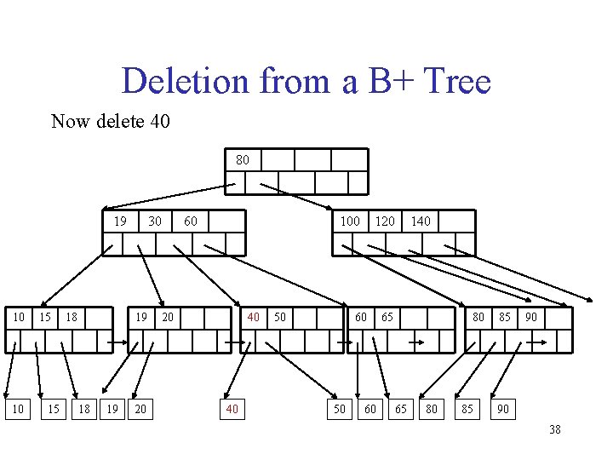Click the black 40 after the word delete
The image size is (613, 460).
159,121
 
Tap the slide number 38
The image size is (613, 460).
554,429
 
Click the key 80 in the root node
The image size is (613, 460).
243,159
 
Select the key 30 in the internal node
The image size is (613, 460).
155,221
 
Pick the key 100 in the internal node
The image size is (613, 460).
350,221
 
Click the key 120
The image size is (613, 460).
386,221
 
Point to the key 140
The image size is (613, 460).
421,221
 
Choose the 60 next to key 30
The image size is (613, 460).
191,221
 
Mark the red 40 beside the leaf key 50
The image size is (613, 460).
254,317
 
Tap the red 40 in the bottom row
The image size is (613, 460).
231,410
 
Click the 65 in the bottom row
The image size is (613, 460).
399,410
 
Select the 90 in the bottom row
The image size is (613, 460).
502,410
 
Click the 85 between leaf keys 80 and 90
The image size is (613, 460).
505,317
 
